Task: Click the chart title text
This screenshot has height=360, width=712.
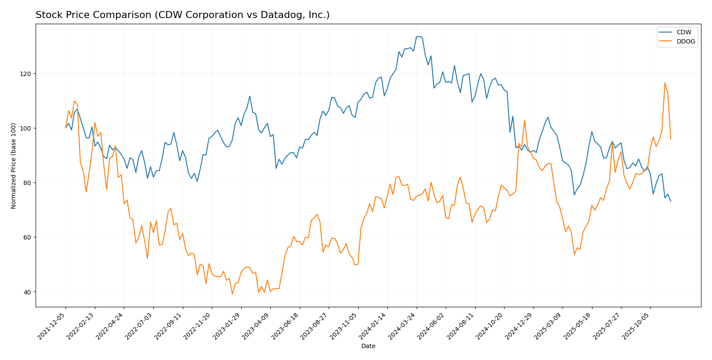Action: (x=182, y=15)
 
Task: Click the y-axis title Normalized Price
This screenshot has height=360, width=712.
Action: (x=14, y=165)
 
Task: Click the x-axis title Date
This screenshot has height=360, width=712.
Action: (x=368, y=346)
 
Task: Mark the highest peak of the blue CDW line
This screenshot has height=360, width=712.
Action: (x=418, y=36)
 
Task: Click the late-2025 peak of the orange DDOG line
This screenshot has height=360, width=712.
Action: (x=665, y=83)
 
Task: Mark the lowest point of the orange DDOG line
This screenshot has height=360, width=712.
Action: (x=232, y=294)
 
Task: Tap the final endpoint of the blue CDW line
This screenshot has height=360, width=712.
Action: (x=670, y=201)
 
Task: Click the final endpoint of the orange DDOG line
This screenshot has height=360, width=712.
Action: (x=670, y=139)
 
